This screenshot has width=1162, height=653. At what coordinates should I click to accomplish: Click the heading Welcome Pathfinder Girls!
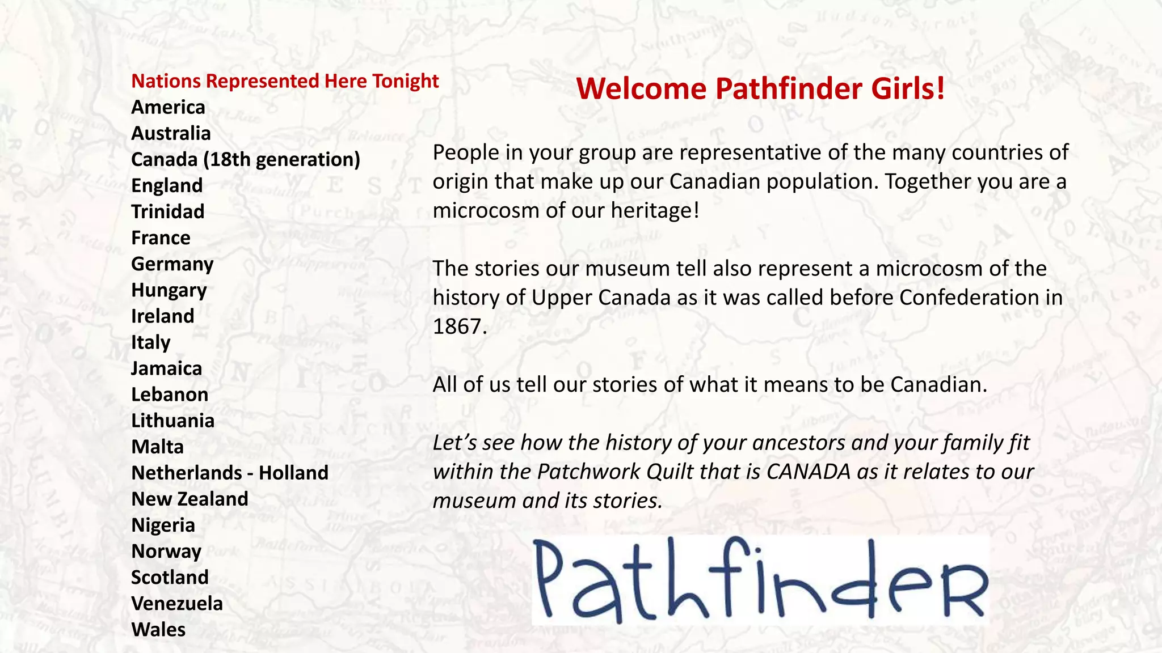coord(760,89)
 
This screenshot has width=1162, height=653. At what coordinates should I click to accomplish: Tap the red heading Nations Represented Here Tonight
coord(285,81)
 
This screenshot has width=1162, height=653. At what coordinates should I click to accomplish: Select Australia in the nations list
coord(171,133)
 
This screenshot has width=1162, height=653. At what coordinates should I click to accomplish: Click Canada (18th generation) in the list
coord(246,159)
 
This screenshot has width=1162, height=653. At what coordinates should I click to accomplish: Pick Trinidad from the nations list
coord(167,211)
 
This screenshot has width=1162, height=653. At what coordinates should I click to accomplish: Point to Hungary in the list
coord(169,290)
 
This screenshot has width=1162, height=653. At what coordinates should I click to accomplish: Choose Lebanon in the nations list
coord(170,395)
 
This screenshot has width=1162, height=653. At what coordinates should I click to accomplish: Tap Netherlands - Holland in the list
coord(230,473)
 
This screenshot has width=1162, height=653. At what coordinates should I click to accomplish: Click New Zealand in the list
coord(190,499)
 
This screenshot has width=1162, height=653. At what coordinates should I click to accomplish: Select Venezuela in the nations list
coord(177,603)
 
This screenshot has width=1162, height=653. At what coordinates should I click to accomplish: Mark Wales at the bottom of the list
coord(158,629)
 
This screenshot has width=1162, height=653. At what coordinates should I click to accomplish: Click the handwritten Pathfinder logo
coord(760,579)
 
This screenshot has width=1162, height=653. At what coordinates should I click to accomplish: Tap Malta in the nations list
coord(157,447)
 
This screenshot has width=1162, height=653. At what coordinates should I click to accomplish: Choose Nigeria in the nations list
coord(163,525)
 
